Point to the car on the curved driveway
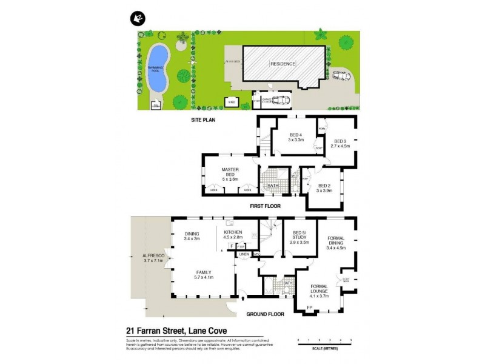pos(341,77)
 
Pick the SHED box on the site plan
pos(232,103)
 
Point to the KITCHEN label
pos(233,233)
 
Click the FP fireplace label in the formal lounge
pos(309,308)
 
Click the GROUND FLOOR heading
pos(265,314)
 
